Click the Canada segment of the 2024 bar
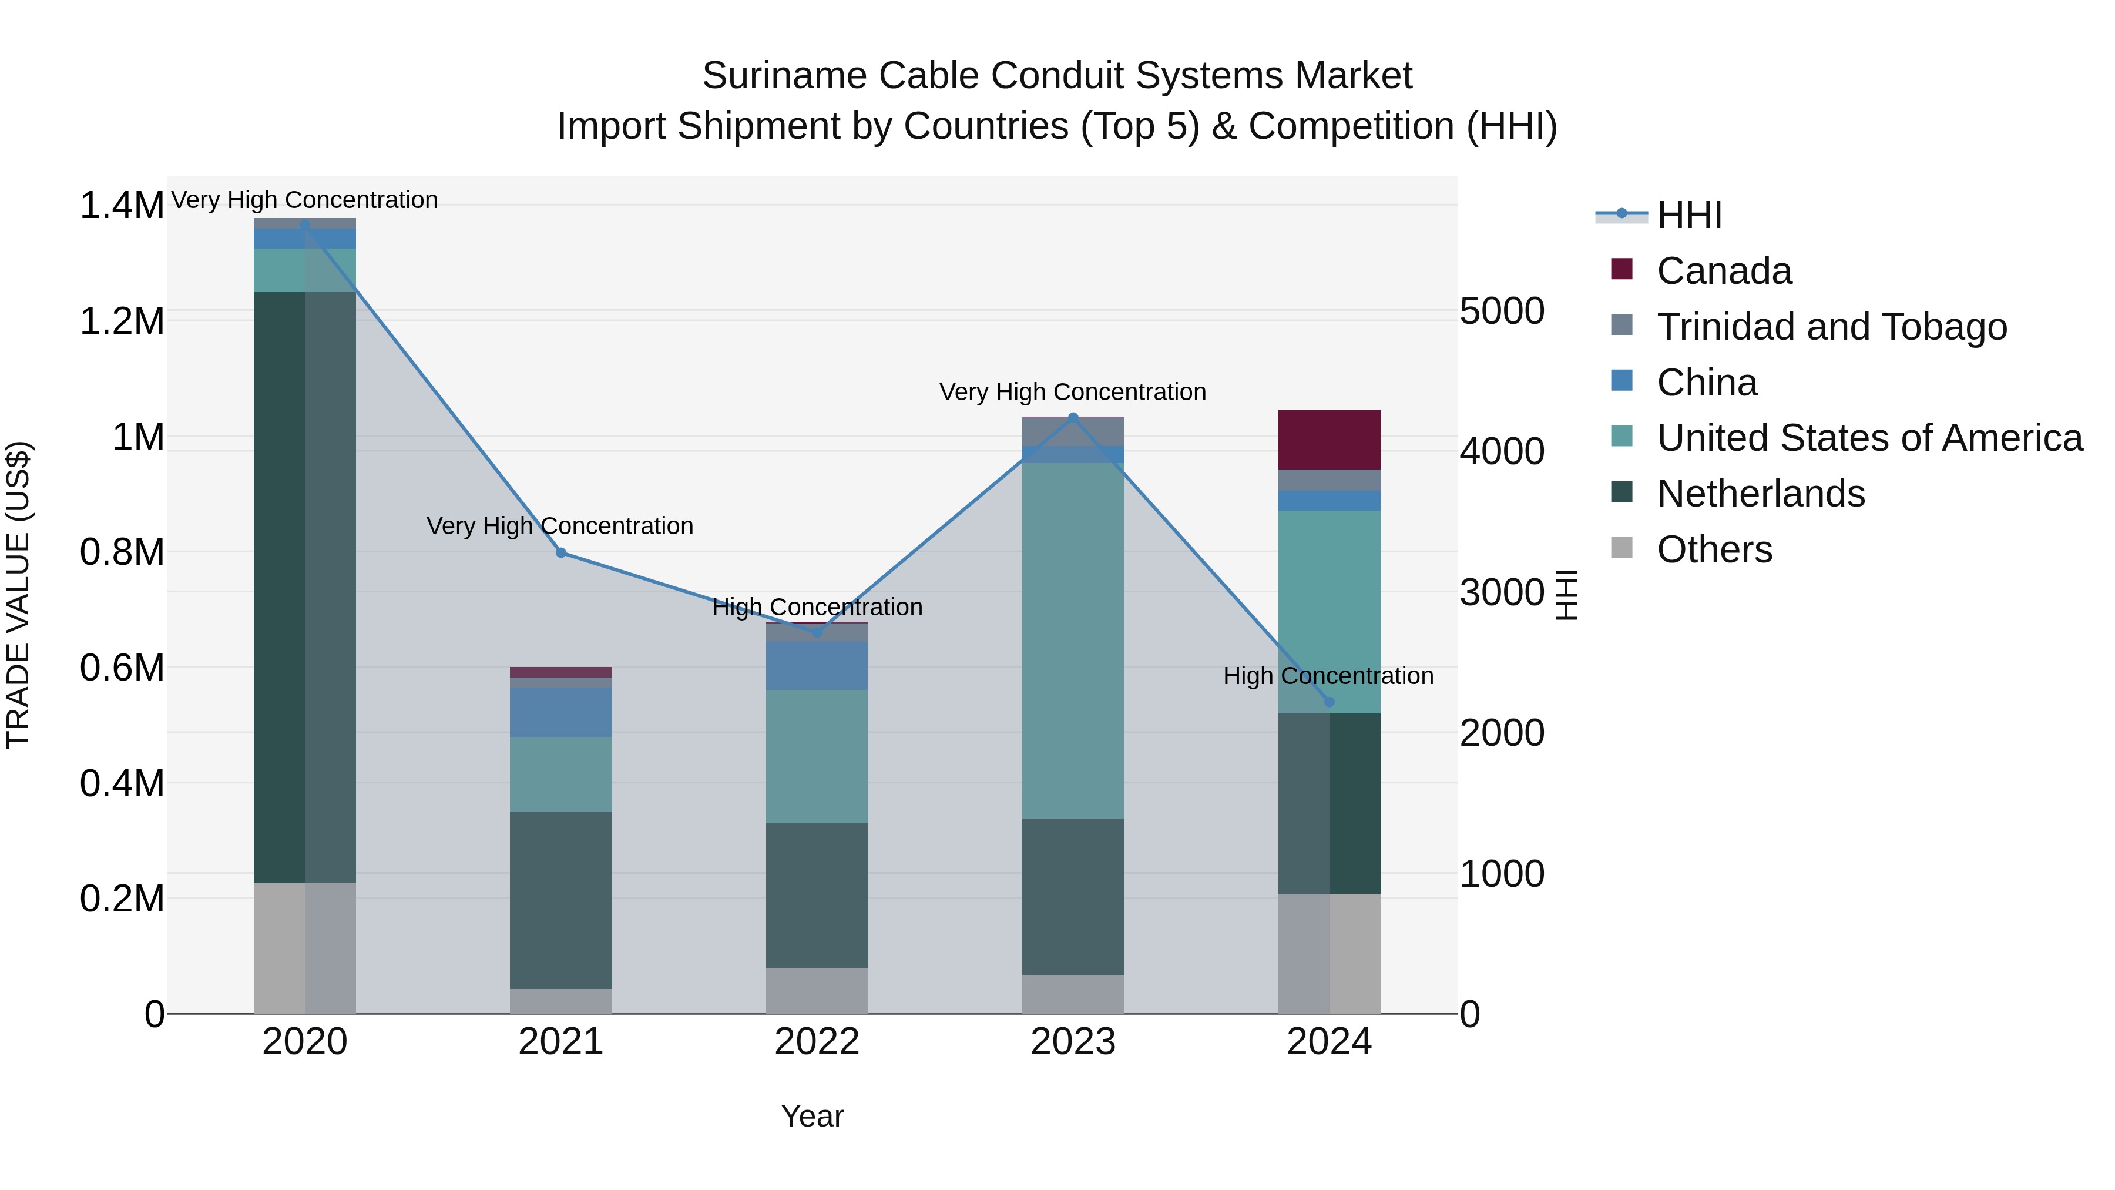pyautogui.click(x=1330, y=440)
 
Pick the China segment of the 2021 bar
pyautogui.click(x=561, y=712)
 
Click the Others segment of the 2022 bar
pyautogui.click(x=817, y=990)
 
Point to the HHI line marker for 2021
pyautogui.click(x=561, y=553)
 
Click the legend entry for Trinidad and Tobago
pyautogui.click(x=1831, y=327)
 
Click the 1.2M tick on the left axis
pyautogui.click(x=122, y=321)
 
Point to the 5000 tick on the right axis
pyautogui.click(x=1502, y=311)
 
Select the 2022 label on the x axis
pyautogui.click(x=817, y=1042)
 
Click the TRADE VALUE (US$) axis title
pyautogui.click(x=18, y=595)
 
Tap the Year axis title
pyautogui.click(x=812, y=1116)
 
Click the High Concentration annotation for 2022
pyautogui.click(x=817, y=608)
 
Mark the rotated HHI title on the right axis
pyautogui.click(x=1566, y=595)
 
